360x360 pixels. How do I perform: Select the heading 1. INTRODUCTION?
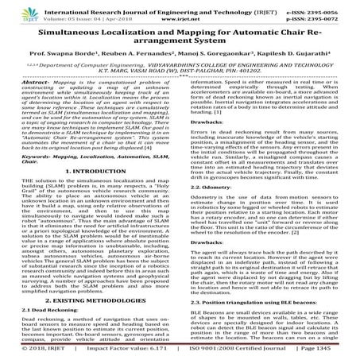click(90, 147)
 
